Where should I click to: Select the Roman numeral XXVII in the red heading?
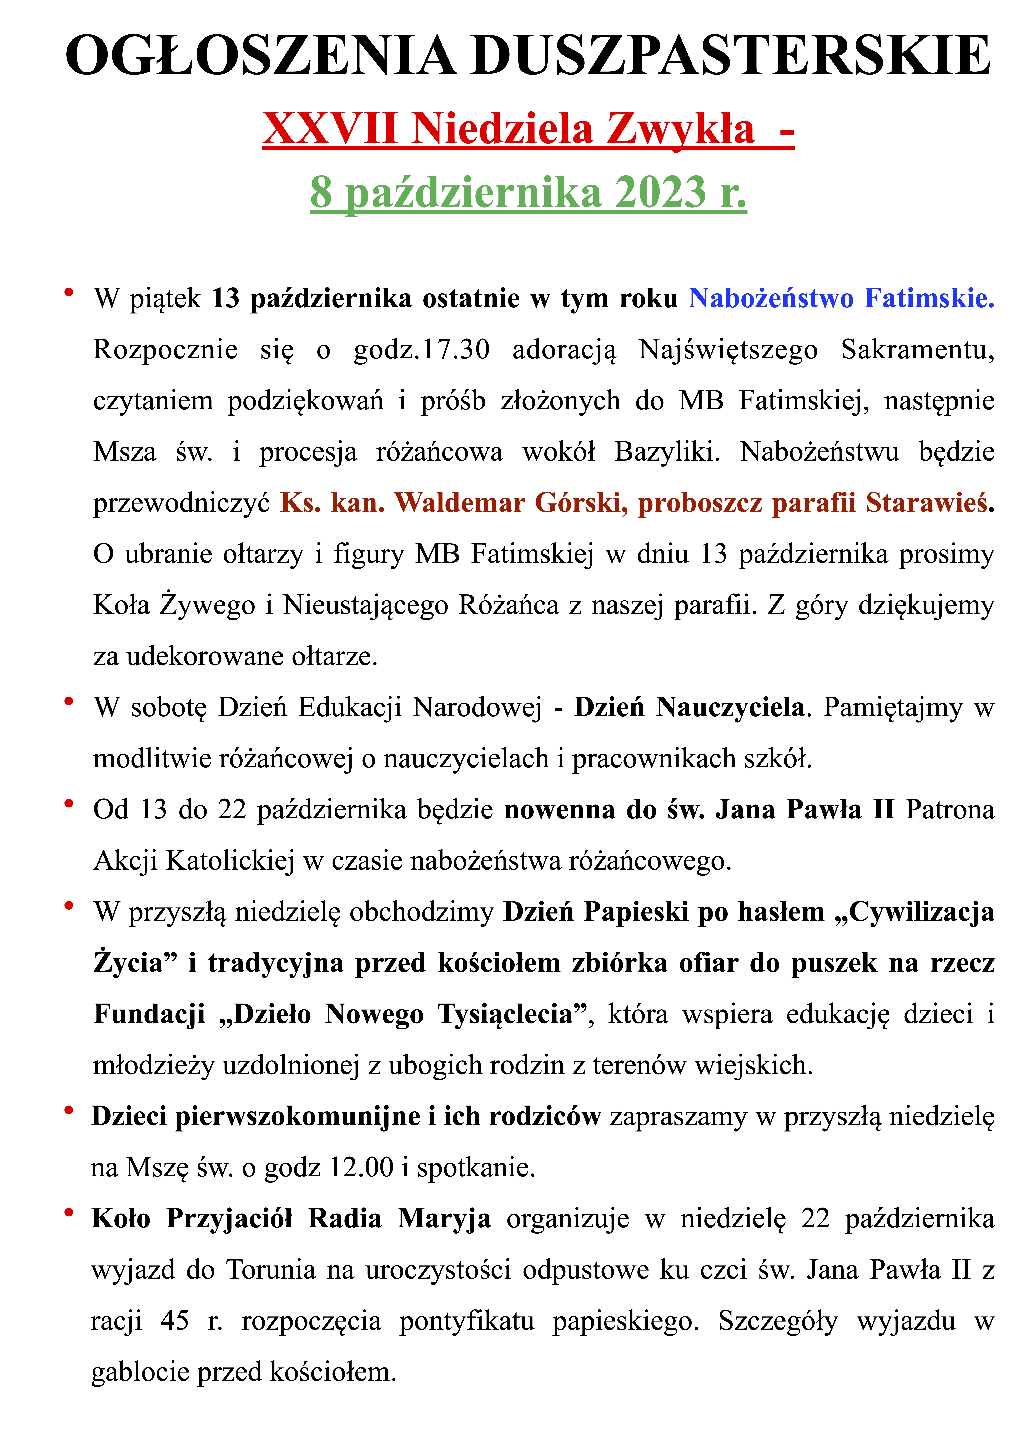pyautogui.click(x=330, y=128)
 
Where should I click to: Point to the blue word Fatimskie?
pyautogui.click(x=929, y=298)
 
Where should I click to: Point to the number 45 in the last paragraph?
pyautogui.click(x=175, y=1320)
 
